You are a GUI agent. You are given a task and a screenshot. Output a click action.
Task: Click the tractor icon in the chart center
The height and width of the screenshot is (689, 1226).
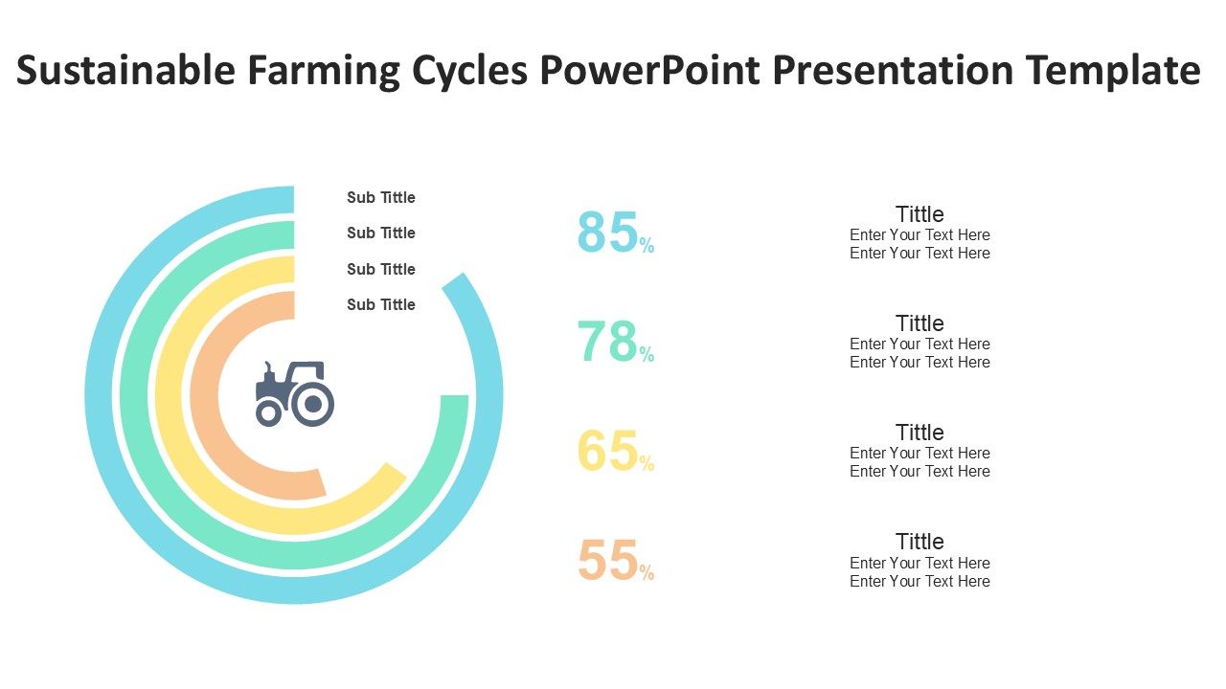click(294, 393)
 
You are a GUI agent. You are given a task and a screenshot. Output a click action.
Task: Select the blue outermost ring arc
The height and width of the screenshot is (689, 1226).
click(100, 394)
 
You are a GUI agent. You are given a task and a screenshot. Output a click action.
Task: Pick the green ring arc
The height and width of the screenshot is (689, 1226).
click(135, 394)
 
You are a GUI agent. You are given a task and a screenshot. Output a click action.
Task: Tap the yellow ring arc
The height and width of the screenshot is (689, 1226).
click(170, 394)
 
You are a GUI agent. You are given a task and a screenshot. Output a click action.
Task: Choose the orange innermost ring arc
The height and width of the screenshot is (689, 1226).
click(205, 394)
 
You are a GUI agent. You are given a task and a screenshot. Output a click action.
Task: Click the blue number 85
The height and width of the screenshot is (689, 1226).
click(607, 233)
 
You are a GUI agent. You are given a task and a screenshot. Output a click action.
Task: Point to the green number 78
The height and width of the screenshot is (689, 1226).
click(607, 342)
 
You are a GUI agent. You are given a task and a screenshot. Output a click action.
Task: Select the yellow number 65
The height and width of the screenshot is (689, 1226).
click(607, 451)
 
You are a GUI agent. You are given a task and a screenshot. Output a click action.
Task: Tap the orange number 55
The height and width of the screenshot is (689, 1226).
click(607, 561)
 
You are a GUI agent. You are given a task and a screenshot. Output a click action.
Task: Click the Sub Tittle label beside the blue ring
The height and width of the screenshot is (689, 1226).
click(381, 198)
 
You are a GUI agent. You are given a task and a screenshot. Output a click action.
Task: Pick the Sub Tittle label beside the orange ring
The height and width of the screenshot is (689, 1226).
click(381, 305)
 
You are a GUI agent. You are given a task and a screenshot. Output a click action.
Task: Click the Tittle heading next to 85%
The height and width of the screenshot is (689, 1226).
click(919, 214)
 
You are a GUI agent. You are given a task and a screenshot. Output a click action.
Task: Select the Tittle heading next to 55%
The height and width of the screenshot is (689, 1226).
click(919, 542)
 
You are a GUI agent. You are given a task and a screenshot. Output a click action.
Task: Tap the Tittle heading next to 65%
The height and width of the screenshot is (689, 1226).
click(919, 433)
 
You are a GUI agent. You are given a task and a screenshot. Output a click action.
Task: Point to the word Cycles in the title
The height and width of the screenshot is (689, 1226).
click(470, 71)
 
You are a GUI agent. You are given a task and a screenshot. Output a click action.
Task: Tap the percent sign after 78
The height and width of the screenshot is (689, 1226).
click(647, 356)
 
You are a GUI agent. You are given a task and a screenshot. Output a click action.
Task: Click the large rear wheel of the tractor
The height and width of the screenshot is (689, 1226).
click(312, 404)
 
